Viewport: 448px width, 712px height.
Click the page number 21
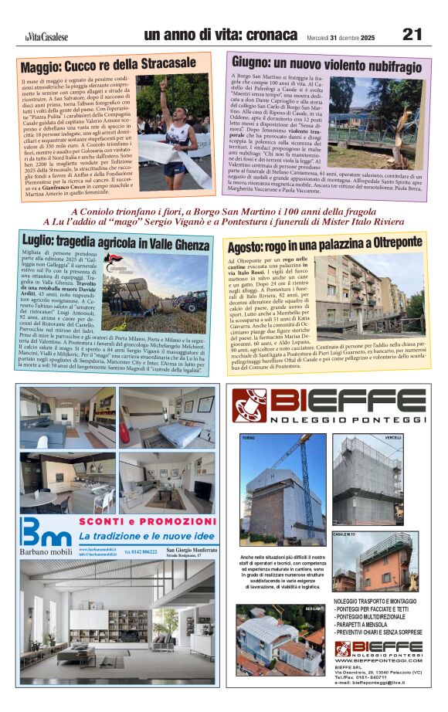pos(412,34)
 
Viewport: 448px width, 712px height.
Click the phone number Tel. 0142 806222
pos(140,552)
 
